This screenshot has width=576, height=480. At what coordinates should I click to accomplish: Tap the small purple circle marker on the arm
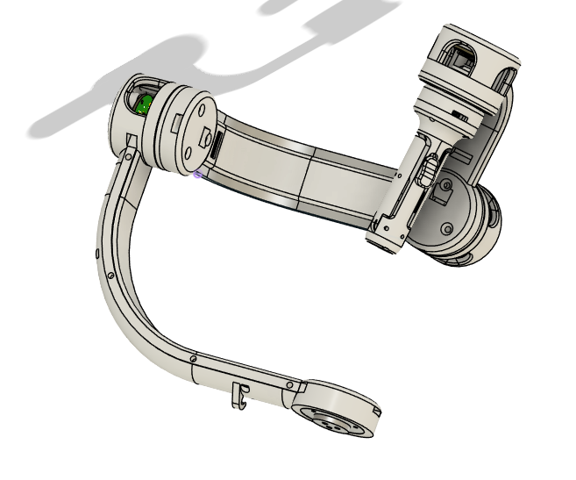pyautogui.click(x=198, y=174)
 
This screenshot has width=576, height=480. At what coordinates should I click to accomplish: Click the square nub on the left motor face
pyautogui.click(x=204, y=140)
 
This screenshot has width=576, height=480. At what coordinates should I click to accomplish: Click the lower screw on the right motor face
pyautogui.click(x=444, y=229)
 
